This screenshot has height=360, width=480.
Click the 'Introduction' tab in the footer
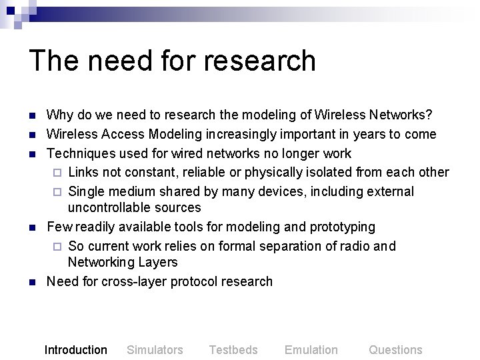point(75,349)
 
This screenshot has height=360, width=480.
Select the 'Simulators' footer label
point(155,349)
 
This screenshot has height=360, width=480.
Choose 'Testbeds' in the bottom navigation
point(233,349)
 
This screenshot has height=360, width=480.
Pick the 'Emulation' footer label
point(311,349)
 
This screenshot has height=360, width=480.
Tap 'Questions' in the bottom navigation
point(395,349)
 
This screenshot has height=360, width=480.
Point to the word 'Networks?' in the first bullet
point(400,116)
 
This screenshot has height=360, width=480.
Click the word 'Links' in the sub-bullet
point(84,172)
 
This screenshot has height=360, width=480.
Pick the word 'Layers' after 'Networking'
point(159,263)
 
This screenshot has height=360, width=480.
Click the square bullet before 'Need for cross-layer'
point(32,282)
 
